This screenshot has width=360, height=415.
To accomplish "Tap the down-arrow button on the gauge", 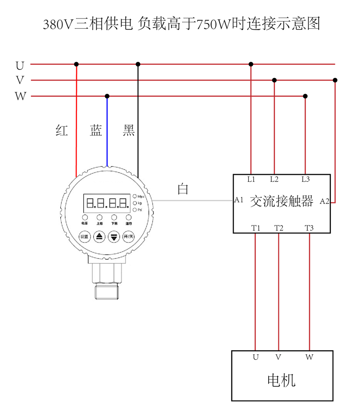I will click(x=115, y=237).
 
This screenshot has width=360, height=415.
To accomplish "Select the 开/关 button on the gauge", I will click(x=129, y=237).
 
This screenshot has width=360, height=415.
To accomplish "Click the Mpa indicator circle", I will click(x=135, y=196).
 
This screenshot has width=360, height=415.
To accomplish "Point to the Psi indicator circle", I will click(x=135, y=210).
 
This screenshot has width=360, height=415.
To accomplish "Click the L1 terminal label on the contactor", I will click(x=251, y=179).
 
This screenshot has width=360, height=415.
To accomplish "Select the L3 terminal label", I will click(x=306, y=179).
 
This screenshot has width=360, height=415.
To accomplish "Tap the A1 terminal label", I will click(x=239, y=199).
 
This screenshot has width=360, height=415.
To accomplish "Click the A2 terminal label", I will click(x=324, y=201).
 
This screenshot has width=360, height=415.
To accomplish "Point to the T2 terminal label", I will click(x=279, y=228).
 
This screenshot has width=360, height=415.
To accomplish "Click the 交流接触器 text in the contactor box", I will click(x=281, y=201).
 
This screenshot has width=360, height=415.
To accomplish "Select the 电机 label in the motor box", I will click(x=281, y=380).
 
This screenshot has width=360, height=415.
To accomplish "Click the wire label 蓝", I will click(x=96, y=131).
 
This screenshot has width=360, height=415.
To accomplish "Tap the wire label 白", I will click(x=183, y=189).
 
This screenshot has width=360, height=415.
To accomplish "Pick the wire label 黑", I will click(x=129, y=131).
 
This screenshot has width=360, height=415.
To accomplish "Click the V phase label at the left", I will click(x=20, y=81).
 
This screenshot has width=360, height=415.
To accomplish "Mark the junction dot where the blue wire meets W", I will click(x=107, y=96).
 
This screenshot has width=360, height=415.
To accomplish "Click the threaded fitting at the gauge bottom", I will click(x=107, y=290).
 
